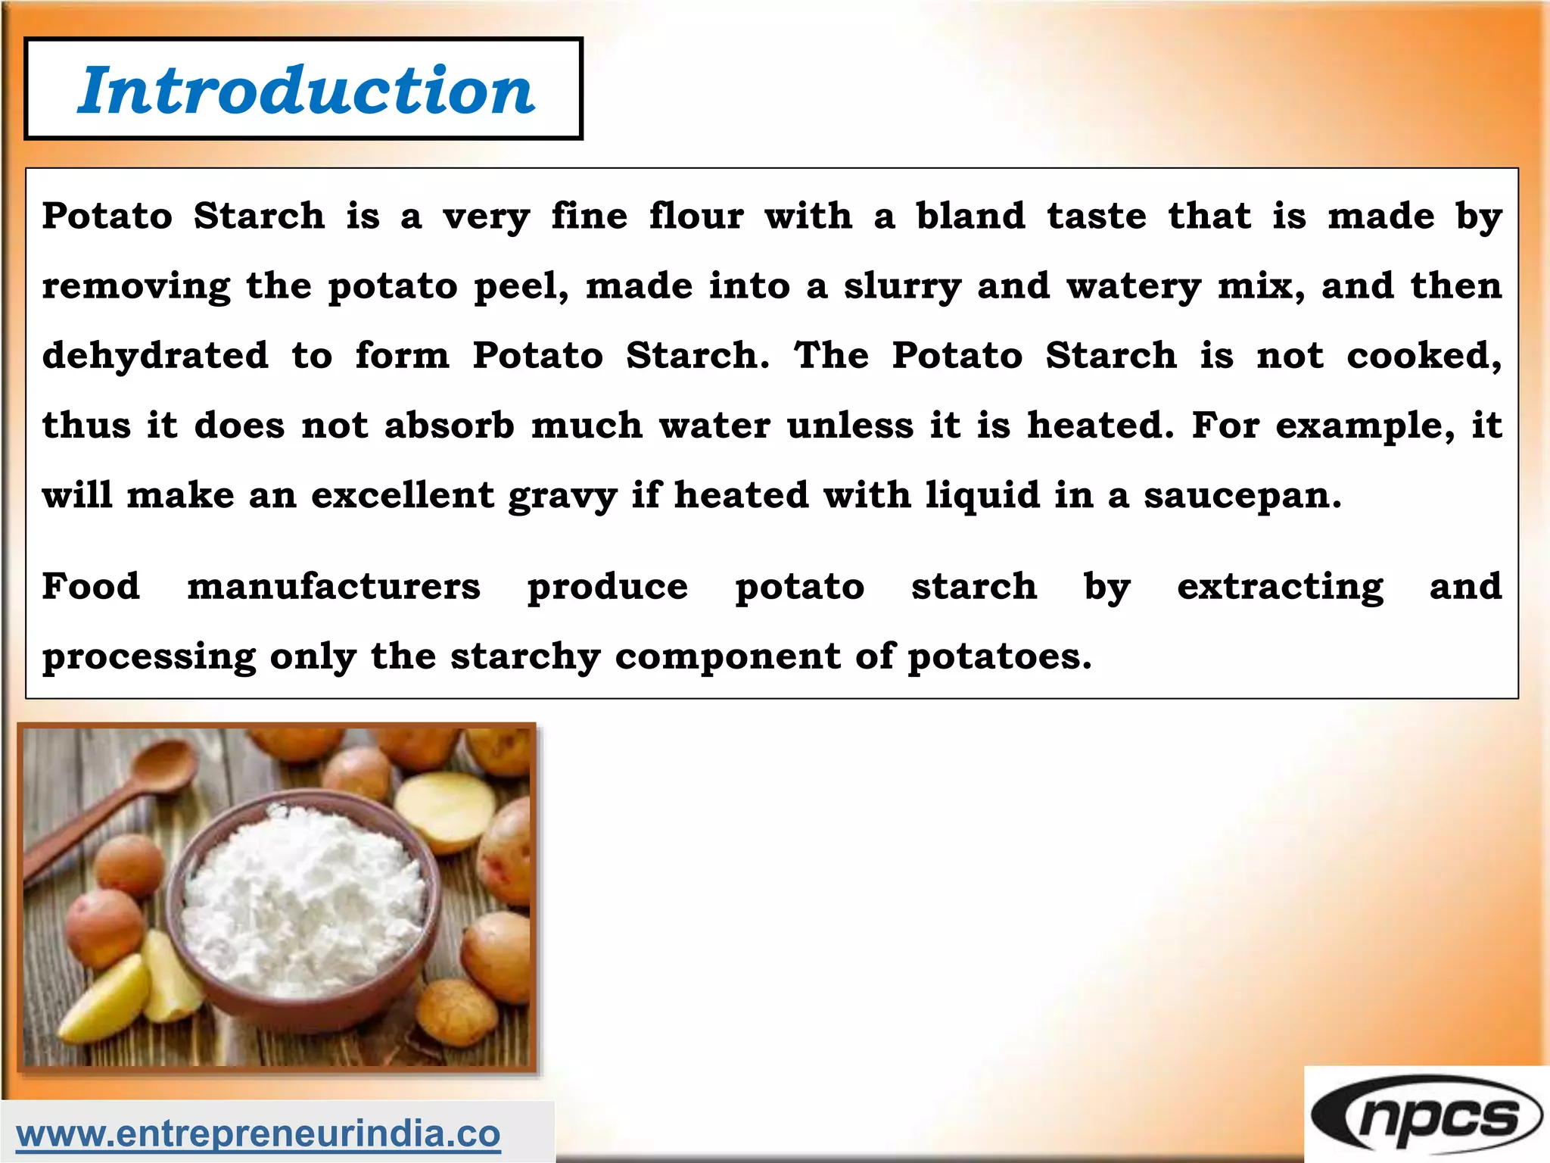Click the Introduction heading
[x=306, y=90]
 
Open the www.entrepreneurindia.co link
[x=258, y=1133]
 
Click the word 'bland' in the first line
[x=970, y=216]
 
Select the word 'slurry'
[x=902, y=287]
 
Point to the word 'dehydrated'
[x=155, y=355]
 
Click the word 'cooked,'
[x=1424, y=355]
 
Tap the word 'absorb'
[x=450, y=425]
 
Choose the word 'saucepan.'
[x=1242, y=496]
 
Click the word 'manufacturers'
[x=334, y=586]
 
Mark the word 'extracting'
[x=1280, y=588]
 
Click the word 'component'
[x=727, y=657]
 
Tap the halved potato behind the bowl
[x=447, y=810]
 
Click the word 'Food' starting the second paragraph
[x=91, y=586]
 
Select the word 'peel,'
[x=521, y=287]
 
